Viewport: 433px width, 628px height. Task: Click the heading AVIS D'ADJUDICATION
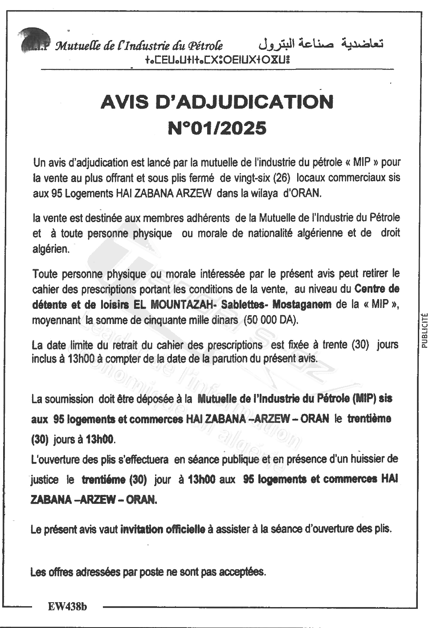(217, 102)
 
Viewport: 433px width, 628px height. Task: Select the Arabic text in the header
(321, 43)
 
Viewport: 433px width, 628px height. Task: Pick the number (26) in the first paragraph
(282, 177)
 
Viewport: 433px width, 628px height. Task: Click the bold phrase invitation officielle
(163, 529)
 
